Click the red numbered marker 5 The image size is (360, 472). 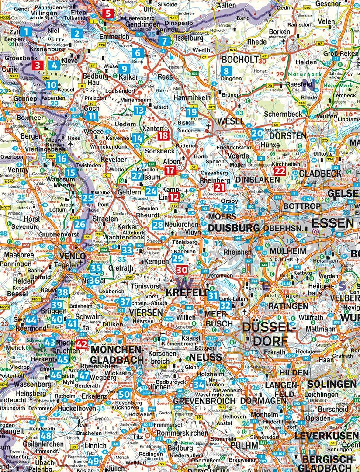(108, 14)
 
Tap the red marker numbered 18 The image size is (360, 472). (163, 135)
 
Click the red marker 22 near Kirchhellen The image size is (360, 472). (280, 171)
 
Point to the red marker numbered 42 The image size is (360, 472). (82, 344)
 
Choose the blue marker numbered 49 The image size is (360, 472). (93, 461)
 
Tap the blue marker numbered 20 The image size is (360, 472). (257, 134)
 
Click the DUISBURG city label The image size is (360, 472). (234, 228)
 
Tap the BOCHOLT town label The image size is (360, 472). (240, 60)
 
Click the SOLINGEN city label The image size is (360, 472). (332, 384)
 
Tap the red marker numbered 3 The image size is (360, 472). (38, 66)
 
